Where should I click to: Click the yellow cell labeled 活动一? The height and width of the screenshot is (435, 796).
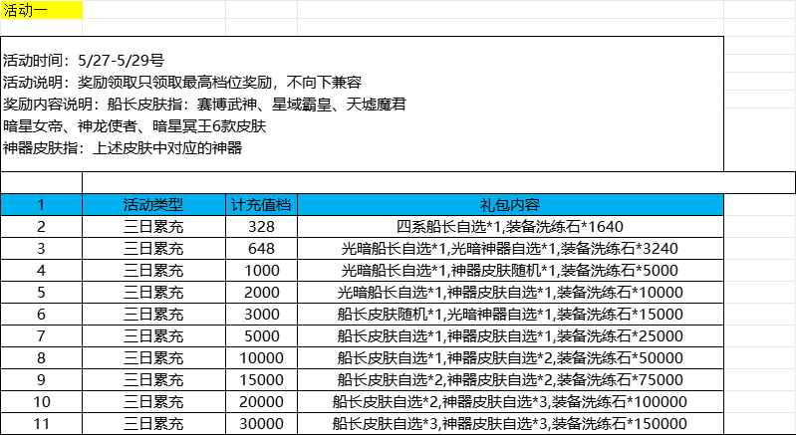click(41, 10)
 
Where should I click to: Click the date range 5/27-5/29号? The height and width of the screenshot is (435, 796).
click(122, 62)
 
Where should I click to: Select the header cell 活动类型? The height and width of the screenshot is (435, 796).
click(153, 205)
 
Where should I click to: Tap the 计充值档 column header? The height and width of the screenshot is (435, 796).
click(261, 205)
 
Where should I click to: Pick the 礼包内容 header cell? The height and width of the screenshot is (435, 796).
click(510, 205)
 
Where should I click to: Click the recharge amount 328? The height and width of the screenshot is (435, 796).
click(261, 227)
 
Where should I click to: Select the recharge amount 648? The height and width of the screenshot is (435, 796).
click(261, 249)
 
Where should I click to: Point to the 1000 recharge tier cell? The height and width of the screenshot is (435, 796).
click(261, 271)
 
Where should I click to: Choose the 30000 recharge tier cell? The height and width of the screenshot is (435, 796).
click(261, 424)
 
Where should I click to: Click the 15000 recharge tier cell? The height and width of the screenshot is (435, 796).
click(261, 379)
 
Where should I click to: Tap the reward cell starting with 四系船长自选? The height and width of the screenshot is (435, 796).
click(510, 227)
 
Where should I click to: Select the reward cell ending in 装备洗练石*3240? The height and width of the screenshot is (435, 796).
click(510, 249)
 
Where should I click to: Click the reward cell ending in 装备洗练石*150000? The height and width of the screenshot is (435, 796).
click(510, 424)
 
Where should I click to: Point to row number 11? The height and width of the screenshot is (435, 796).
click(41, 424)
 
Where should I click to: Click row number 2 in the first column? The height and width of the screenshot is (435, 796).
click(41, 227)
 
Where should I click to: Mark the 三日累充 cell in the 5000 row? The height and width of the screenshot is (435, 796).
click(153, 336)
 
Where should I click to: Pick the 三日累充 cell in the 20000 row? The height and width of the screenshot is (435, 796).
click(153, 402)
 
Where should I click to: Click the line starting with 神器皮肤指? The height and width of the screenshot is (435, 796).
click(123, 148)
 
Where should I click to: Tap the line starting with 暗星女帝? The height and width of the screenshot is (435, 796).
click(134, 126)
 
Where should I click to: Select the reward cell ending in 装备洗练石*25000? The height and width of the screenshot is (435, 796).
click(510, 336)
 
